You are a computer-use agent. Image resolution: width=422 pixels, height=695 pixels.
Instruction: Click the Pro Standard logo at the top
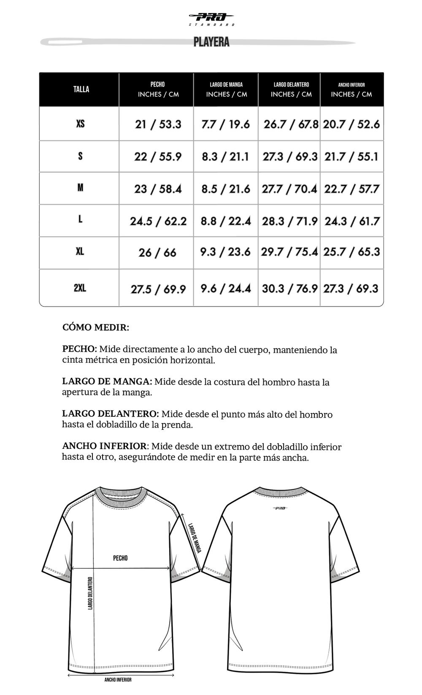click(x=211, y=19)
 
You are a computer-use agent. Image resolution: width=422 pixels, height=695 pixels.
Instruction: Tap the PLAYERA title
click(x=211, y=42)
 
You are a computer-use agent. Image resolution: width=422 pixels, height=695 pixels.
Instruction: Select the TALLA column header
click(x=81, y=89)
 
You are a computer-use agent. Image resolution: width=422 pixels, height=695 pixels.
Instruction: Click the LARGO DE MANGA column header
click(x=226, y=89)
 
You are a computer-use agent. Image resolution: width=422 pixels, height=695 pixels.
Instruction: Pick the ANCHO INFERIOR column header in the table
click(x=351, y=89)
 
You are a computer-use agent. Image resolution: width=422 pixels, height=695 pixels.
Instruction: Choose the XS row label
click(x=80, y=124)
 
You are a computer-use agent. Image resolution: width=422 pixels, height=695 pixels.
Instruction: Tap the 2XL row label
click(x=80, y=288)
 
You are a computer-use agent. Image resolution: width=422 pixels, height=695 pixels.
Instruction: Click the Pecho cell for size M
click(x=158, y=189)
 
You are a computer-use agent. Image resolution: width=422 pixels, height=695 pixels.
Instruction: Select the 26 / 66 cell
click(x=157, y=253)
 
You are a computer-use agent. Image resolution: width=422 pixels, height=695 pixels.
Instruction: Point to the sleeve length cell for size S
click(x=225, y=157)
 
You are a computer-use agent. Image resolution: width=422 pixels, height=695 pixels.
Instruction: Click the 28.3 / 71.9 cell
click(x=289, y=221)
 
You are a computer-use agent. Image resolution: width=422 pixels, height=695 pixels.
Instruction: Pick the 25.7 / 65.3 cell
click(x=352, y=252)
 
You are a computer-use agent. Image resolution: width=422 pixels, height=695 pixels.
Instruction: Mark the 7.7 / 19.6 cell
click(x=225, y=124)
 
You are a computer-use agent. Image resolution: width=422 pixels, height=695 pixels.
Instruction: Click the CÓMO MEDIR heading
click(x=96, y=327)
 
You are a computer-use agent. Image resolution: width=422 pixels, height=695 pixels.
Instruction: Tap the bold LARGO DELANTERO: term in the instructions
click(x=111, y=414)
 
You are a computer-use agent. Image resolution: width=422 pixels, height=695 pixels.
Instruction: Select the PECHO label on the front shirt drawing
click(x=120, y=558)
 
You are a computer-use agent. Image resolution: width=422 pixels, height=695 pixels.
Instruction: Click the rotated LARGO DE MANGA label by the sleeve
click(x=195, y=538)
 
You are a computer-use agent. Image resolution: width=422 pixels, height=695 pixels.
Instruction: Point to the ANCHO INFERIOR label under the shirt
click(x=118, y=680)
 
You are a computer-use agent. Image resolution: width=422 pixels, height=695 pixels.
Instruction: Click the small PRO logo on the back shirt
click(x=280, y=508)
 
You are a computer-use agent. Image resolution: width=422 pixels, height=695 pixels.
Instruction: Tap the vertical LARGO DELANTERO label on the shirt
click(x=90, y=593)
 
